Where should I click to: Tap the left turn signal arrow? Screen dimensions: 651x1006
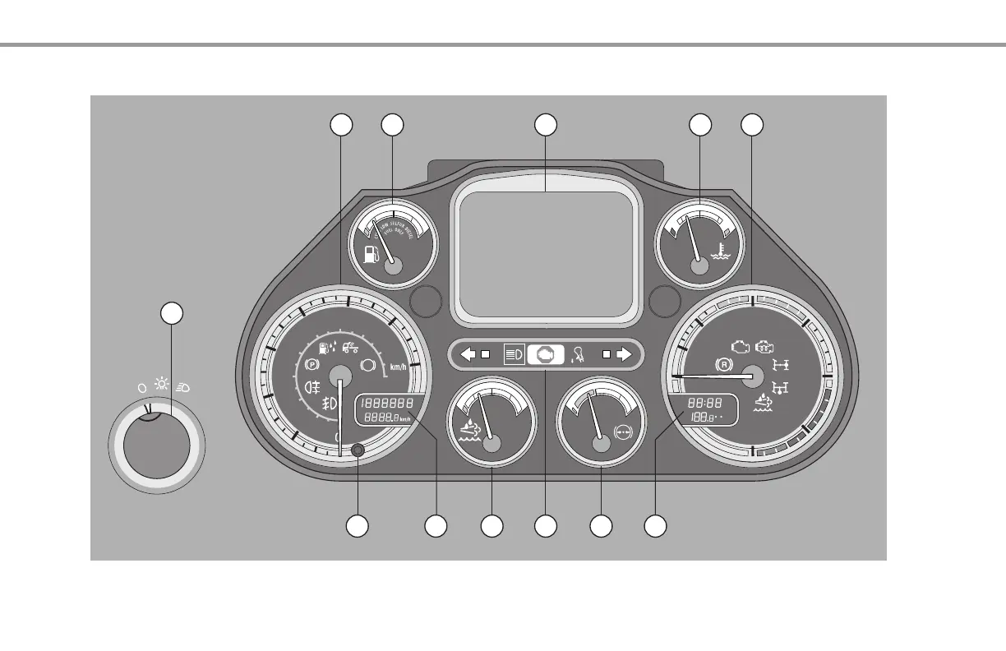[468, 355]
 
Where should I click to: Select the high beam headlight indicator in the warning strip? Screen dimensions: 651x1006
[514, 355]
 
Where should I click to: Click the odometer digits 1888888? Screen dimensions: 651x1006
[385, 404]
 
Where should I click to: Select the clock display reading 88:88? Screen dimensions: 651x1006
[705, 404]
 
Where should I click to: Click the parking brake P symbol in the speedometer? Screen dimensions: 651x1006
[311, 362]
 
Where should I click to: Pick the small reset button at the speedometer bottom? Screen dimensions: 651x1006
[358, 450]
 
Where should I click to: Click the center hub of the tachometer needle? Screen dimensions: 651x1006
[750, 376]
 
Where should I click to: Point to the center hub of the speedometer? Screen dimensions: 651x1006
[340, 375]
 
